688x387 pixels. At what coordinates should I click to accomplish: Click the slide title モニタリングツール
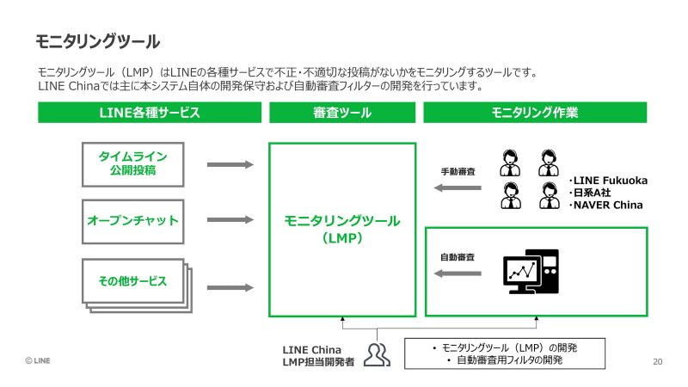(97, 41)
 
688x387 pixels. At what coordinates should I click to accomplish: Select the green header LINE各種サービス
(150, 113)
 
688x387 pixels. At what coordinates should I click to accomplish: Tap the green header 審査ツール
(342, 113)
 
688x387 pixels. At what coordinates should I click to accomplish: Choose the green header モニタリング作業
(534, 113)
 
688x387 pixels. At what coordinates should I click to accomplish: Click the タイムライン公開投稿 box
(132, 163)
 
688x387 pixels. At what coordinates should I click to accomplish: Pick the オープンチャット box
(132, 220)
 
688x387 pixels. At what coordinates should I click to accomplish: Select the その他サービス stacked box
(132, 281)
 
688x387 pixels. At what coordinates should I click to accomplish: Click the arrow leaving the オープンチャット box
(230, 220)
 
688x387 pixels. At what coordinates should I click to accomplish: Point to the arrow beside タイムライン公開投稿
(230, 163)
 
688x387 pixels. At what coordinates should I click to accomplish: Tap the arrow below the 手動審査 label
(458, 187)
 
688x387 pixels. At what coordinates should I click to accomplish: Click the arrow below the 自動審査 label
(458, 273)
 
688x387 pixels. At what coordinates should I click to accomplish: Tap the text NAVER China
(607, 205)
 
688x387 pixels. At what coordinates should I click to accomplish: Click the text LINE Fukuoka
(610, 181)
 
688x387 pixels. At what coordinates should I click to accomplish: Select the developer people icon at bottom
(377, 353)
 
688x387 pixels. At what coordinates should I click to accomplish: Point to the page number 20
(658, 361)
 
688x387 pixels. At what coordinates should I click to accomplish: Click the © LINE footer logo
(37, 361)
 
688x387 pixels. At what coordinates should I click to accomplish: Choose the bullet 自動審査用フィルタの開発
(509, 359)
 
